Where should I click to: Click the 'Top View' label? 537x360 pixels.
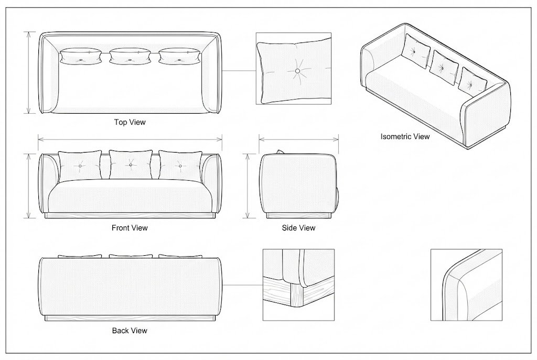click(x=130, y=122)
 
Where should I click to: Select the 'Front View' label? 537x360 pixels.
click(x=130, y=228)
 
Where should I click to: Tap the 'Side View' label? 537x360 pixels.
click(x=298, y=228)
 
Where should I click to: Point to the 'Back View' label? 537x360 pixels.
click(x=130, y=331)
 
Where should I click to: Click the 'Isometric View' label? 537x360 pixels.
click(x=405, y=137)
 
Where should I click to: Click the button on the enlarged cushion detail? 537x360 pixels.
click(x=297, y=70)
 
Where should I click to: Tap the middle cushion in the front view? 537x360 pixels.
click(x=131, y=165)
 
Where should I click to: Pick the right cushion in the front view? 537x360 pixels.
click(x=180, y=166)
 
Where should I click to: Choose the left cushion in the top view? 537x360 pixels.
click(x=80, y=56)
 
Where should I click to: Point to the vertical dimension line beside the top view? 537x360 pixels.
click(x=29, y=72)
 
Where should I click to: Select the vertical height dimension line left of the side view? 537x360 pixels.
click(x=249, y=186)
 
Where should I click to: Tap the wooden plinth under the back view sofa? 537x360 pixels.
click(x=130, y=318)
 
